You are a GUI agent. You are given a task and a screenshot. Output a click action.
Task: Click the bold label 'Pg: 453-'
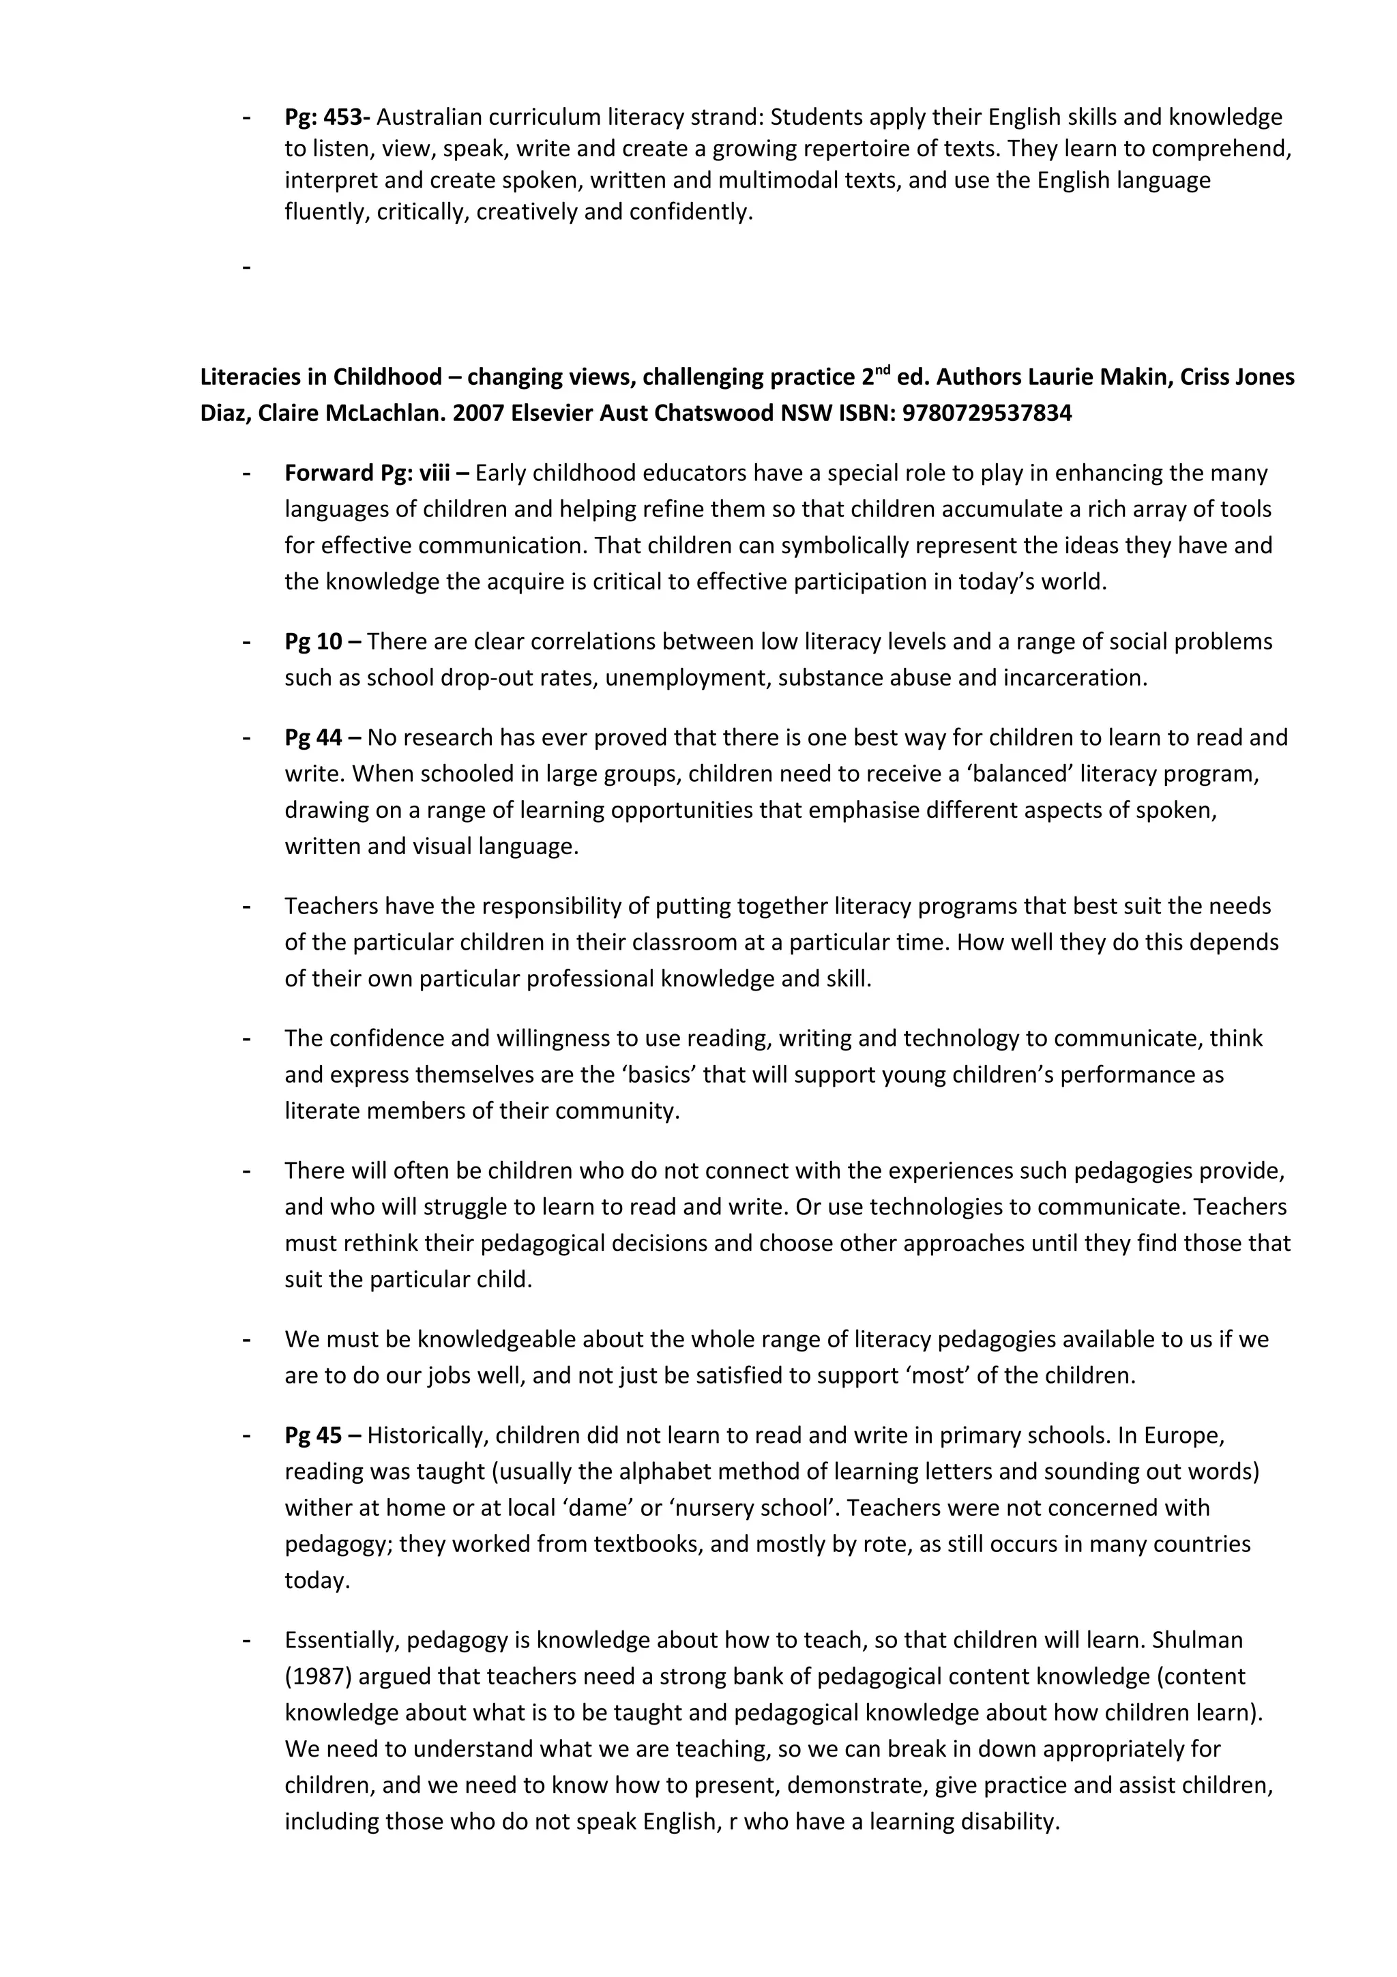[327, 117]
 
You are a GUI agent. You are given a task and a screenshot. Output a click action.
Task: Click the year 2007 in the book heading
[480, 413]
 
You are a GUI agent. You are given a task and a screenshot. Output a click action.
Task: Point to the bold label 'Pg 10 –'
[323, 641]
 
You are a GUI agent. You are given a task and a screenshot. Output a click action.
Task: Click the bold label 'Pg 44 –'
[323, 737]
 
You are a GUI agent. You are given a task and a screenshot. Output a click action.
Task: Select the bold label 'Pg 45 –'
[323, 1435]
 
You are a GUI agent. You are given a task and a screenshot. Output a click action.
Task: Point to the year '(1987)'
[318, 1675]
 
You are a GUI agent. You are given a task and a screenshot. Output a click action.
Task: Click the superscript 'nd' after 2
[881, 370]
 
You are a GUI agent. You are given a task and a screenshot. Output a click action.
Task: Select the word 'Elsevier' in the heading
[548, 413]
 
